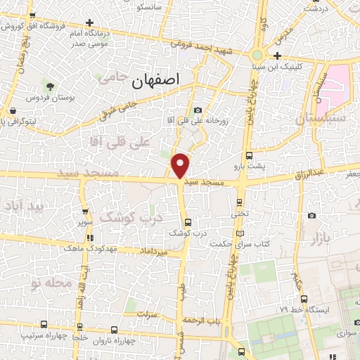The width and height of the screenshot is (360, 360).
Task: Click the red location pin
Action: coord(181,165)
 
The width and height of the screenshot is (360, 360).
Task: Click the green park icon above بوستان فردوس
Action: coord(50,86)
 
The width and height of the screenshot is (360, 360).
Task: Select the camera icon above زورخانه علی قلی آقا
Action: coord(198,110)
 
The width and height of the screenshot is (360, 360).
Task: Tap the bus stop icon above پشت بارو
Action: coord(249,155)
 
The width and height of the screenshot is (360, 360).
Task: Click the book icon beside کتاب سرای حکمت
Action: coord(240,233)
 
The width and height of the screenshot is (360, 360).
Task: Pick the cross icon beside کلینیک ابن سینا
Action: coord(278,56)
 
